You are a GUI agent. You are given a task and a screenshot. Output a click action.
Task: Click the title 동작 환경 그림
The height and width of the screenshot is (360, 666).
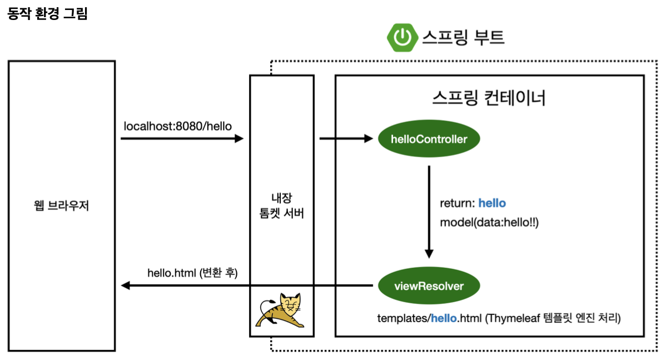tap(47, 13)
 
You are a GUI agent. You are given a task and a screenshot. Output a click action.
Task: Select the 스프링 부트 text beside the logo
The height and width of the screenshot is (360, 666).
tap(463, 37)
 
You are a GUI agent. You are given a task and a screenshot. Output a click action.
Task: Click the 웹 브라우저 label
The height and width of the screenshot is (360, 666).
tap(62, 207)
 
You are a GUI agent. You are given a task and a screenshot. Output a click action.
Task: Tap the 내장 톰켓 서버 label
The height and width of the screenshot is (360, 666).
tap(281, 206)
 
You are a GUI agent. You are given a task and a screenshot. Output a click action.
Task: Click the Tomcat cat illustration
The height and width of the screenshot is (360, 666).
tap(282, 312)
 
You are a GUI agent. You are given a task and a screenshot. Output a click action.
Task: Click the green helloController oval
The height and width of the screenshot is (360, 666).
tap(429, 139)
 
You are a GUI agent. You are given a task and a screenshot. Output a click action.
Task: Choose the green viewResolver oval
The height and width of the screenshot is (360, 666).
tap(429, 286)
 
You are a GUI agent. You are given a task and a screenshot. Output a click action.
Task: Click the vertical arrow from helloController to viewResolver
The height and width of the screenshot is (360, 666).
tap(429, 211)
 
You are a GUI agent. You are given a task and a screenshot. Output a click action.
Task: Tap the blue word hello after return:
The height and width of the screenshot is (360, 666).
tap(492, 203)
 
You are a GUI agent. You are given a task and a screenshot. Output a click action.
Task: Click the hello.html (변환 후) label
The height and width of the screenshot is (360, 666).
tap(192, 272)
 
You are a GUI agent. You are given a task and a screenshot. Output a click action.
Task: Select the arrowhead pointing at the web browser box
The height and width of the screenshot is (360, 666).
tap(125, 286)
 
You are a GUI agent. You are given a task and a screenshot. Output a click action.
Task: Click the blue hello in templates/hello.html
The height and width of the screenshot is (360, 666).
tap(444, 319)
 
